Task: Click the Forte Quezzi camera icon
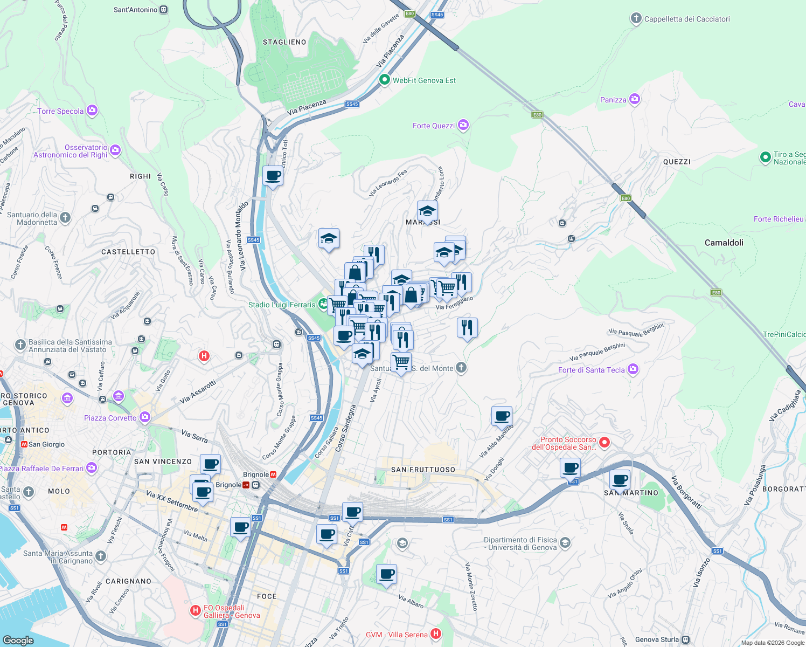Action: coord(463,125)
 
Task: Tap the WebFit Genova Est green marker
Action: coord(384,80)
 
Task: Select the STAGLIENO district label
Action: coord(284,42)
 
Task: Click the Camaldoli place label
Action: coord(724,243)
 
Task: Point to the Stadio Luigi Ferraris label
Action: coord(282,305)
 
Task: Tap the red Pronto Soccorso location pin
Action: coord(604,443)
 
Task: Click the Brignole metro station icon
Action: coord(273,474)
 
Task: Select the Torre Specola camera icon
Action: coord(92,111)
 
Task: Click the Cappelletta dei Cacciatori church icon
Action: coord(636,19)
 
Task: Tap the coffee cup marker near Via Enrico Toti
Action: coord(273,176)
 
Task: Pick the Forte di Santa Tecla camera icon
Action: coord(633,369)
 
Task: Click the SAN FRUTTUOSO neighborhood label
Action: coord(423,470)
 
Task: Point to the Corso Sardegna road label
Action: coord(345,429)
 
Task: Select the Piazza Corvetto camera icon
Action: coord(144,417)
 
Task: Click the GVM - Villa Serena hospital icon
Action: coord(436,634)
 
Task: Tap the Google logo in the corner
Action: coord(18,640)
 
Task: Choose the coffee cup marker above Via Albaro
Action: coord(386,574)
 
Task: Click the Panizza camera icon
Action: coord(634,99)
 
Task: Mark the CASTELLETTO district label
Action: coord(128,252)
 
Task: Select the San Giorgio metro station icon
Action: coord(24,444)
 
